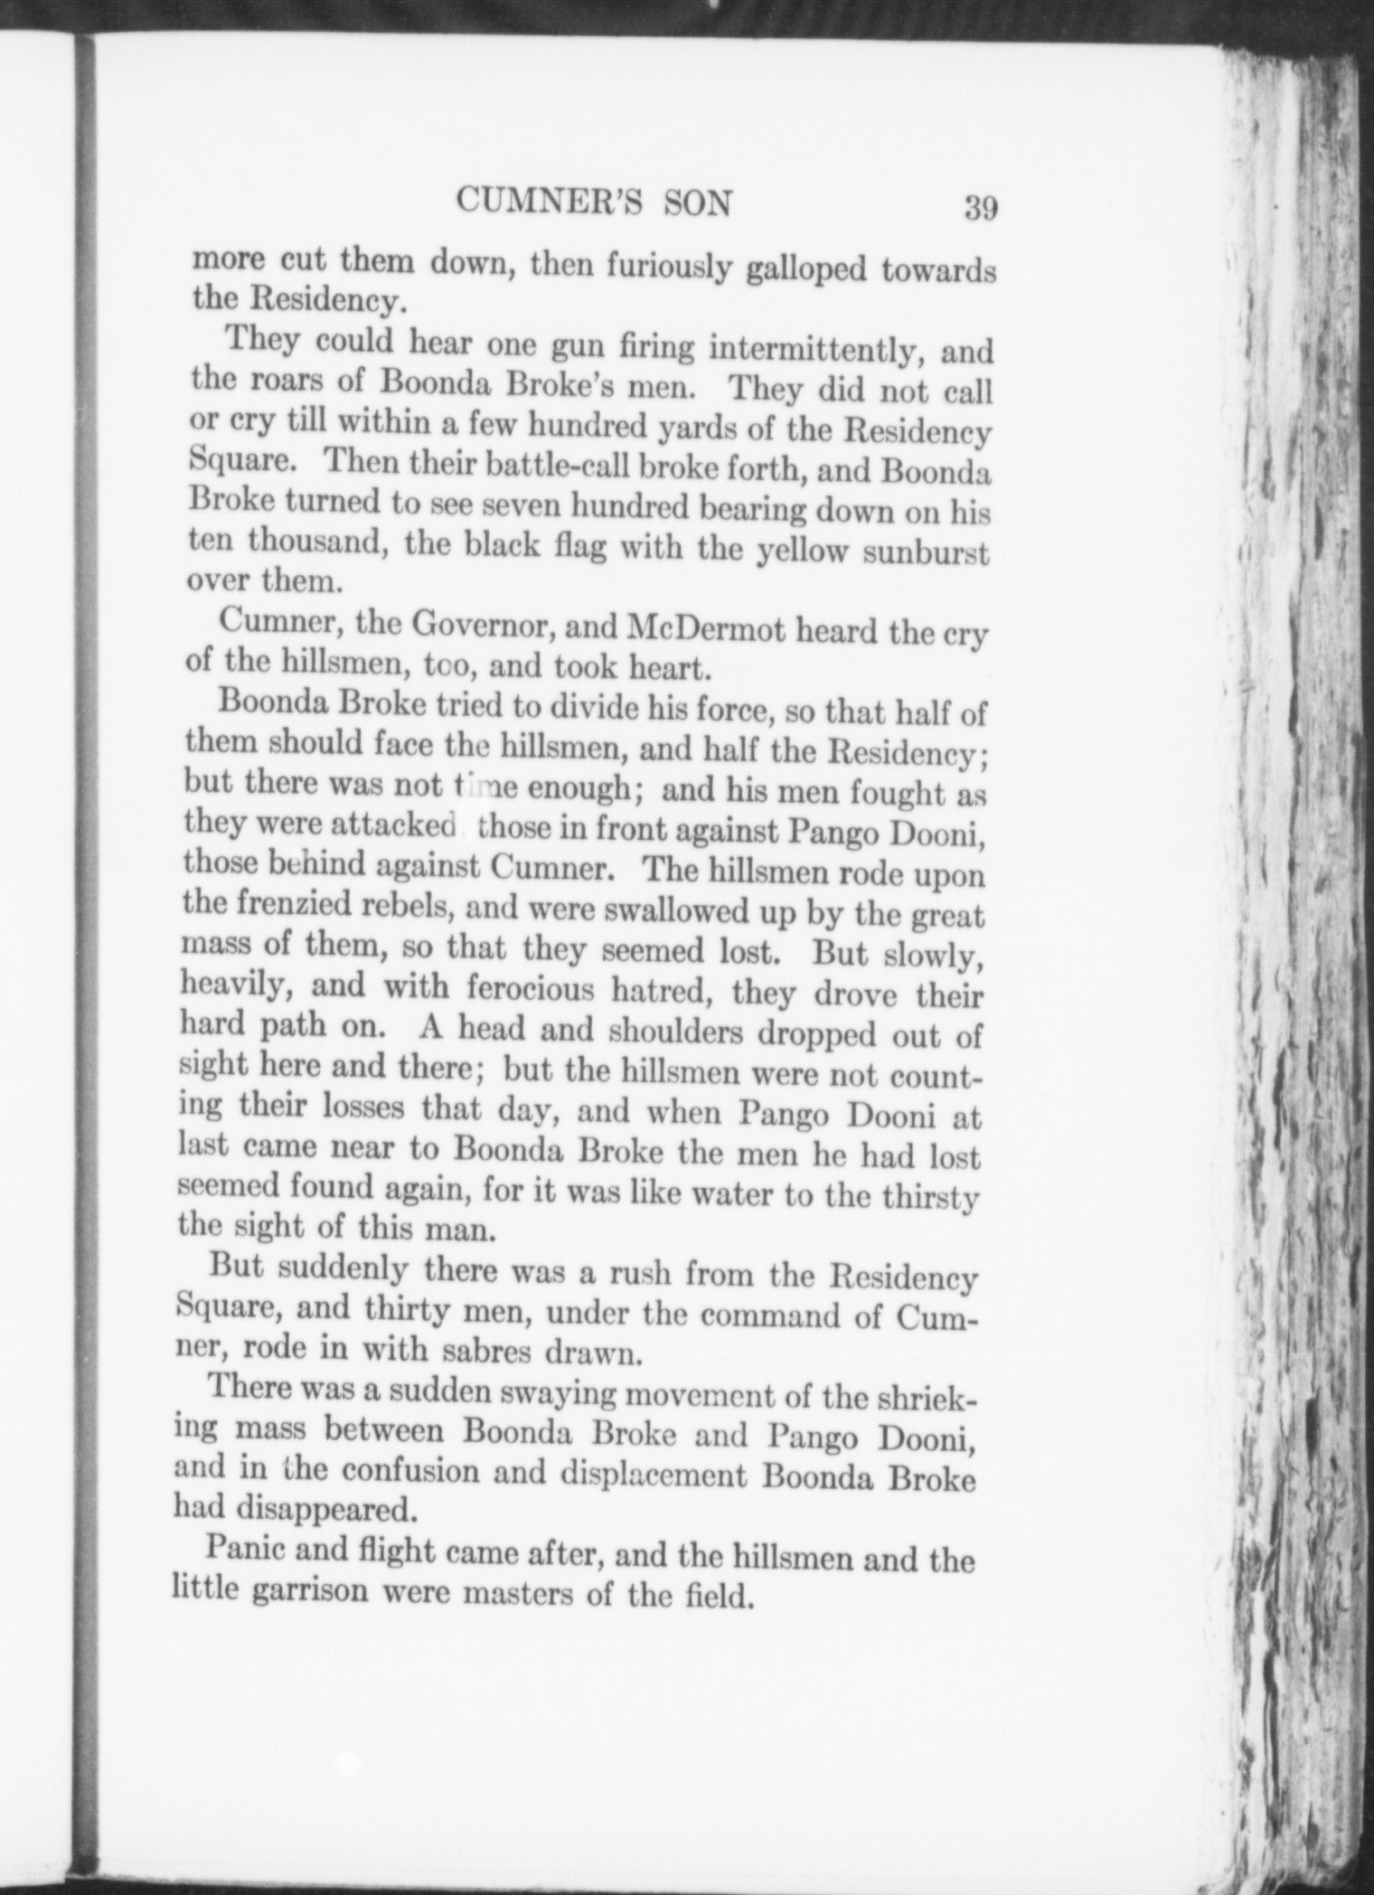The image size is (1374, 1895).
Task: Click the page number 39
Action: coord(980,208)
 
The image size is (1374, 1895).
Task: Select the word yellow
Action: coord(803,550)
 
